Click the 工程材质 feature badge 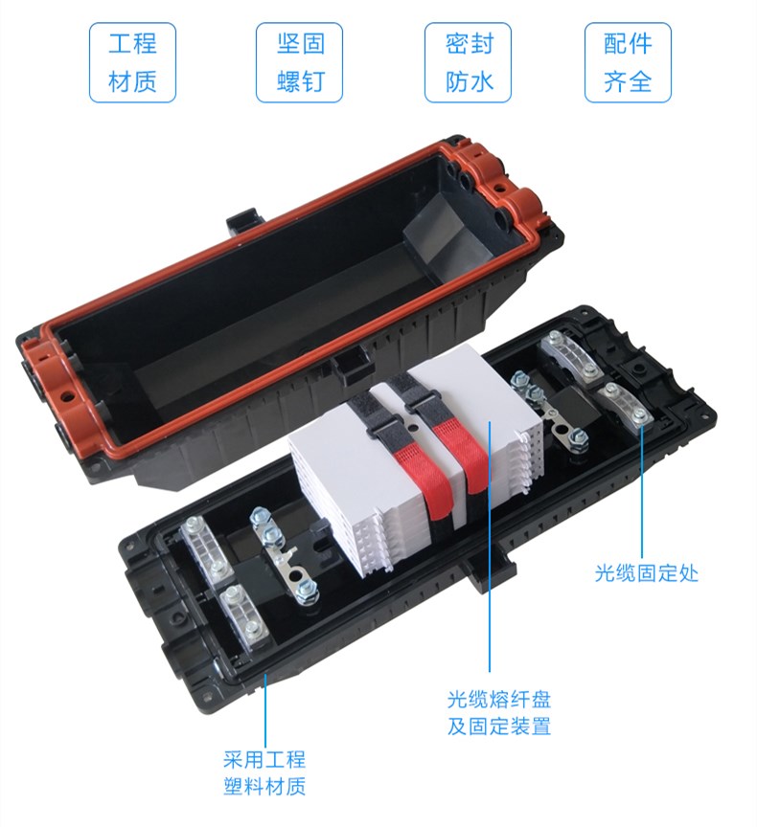[x=132, y=62]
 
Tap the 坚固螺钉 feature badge [x=299, y=62]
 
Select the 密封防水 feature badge [x=469, y=62]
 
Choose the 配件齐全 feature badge [x=628, y=62]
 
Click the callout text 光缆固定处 [x=646, y=572]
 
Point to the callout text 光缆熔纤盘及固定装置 [x=499, y=712]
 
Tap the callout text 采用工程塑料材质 [x=264, y=772]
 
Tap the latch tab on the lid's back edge [x=243, y=220]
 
